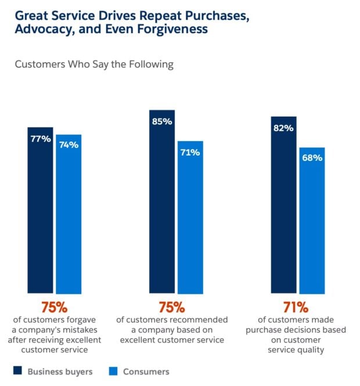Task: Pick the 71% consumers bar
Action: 190,217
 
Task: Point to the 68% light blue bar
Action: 312,221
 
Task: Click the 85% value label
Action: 162,121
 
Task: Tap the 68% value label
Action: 312,158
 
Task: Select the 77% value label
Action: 41,139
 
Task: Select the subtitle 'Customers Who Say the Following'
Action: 94,64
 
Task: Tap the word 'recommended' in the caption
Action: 200,320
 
